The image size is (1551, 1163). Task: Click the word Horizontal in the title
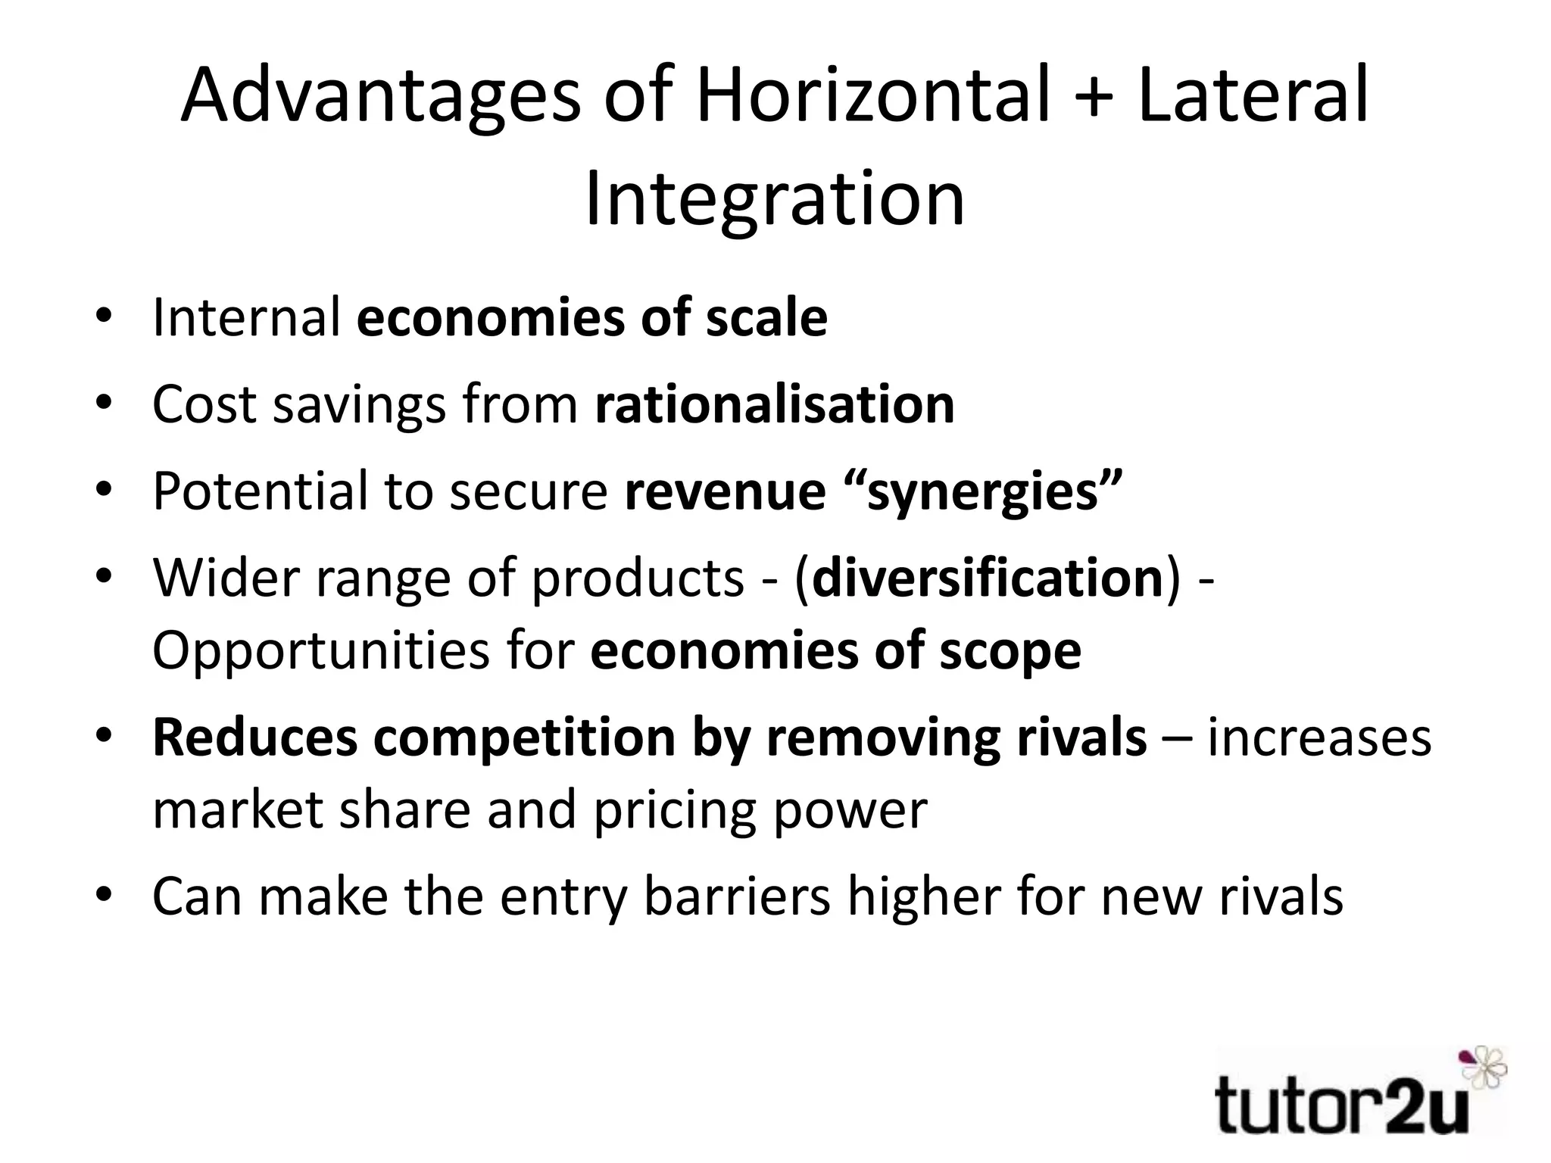coord(873,96)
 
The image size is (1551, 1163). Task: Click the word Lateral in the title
coord(1253,96)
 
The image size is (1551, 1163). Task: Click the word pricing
coord(675,810)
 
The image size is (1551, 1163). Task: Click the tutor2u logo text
coord(1340,1108)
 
